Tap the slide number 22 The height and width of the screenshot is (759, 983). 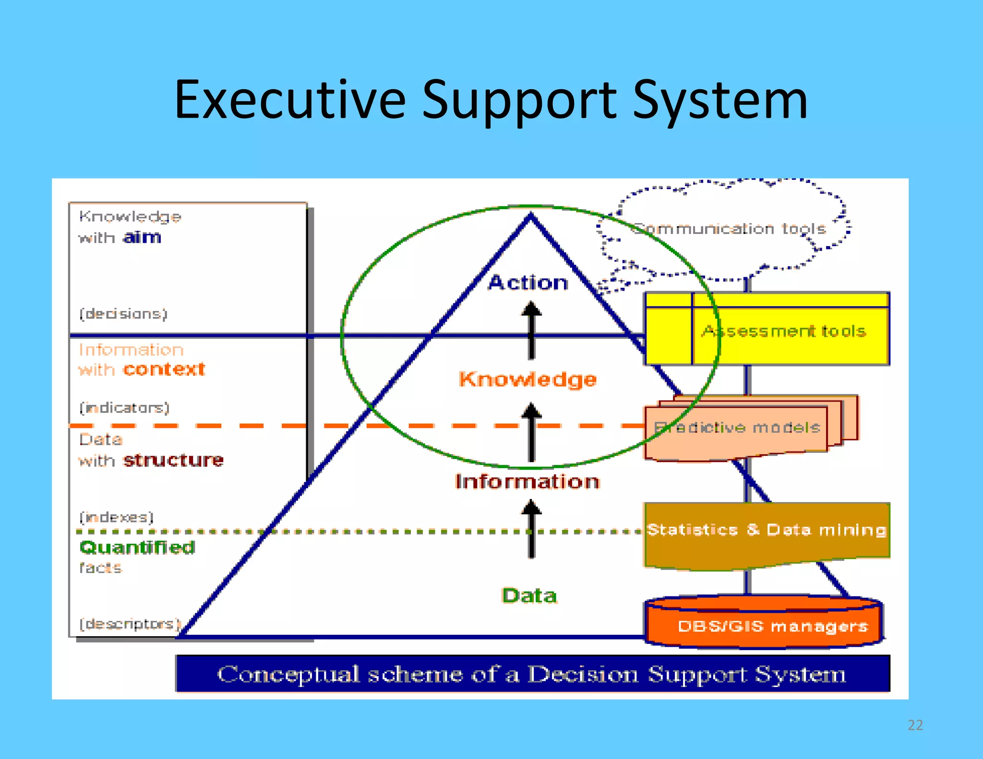click(915, 725)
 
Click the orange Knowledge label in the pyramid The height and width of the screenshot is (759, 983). click(528, 379)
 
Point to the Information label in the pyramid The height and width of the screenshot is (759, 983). click(527, 481)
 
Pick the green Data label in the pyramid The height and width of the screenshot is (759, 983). click(529, 595)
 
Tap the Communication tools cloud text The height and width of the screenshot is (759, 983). click(730, 229)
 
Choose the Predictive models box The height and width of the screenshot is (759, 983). click(737, 427)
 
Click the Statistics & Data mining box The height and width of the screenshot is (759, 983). click(767, 530)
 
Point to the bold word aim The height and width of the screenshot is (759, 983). click(142, 237)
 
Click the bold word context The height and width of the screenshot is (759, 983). click(164, 369)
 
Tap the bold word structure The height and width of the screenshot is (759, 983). click(173, 460)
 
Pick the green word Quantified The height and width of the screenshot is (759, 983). click(137, 547)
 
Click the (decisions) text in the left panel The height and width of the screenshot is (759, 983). click(123, 314)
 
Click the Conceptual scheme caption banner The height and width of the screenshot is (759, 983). click(532, 674)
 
